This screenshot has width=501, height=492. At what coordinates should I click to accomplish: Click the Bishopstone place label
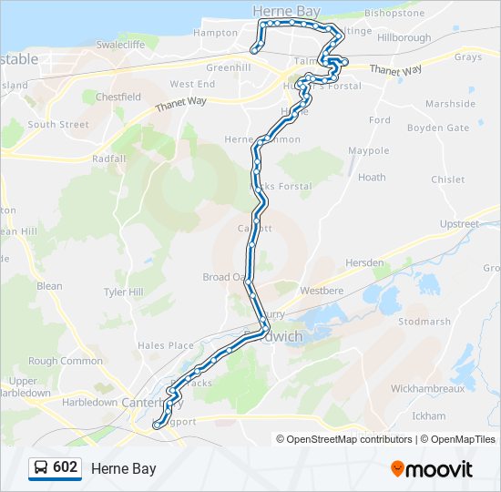[394, 14]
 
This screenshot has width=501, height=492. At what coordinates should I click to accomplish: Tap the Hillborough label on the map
[404, 38]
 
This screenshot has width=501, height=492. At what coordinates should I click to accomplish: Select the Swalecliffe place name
[123, 44]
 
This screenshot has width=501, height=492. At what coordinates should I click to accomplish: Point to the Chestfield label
[118, 97]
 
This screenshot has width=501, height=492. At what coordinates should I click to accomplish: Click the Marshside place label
[450, 104]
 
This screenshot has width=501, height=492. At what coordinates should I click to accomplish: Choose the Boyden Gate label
[438, 128]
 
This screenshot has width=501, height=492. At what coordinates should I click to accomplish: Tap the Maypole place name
[369, 150]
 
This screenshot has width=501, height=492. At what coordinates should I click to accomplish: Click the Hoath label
[372, 178]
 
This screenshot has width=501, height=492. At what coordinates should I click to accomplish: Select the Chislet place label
[448, 179]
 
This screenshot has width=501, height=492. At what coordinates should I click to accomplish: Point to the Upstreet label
[459, 223]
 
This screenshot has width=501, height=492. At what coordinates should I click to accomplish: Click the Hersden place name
[364, 262]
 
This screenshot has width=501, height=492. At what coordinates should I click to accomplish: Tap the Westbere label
[322, 292]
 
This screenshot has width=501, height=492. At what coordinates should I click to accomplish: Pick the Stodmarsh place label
[424, 322]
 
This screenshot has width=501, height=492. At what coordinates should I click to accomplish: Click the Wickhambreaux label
[427, 388]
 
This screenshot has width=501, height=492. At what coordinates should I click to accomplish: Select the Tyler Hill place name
[124, 292]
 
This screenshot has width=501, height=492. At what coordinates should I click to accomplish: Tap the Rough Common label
[66, 361]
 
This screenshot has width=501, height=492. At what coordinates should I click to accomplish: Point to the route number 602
[65, 467]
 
